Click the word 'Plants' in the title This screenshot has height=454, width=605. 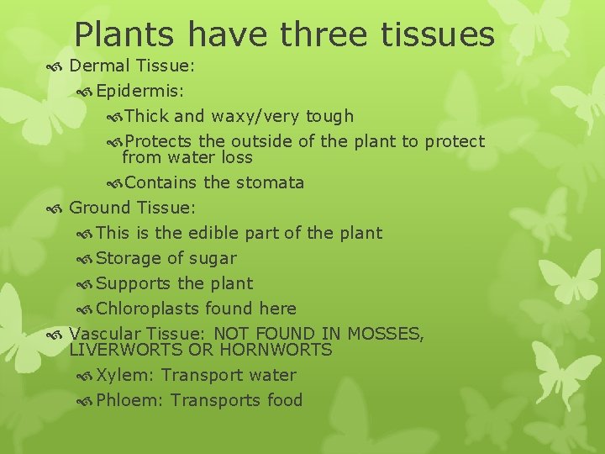click(x=126, y=34)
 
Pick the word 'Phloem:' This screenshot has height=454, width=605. click(x=129, y=400)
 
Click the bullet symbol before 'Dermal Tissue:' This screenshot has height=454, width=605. click(x=55, y=66)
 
